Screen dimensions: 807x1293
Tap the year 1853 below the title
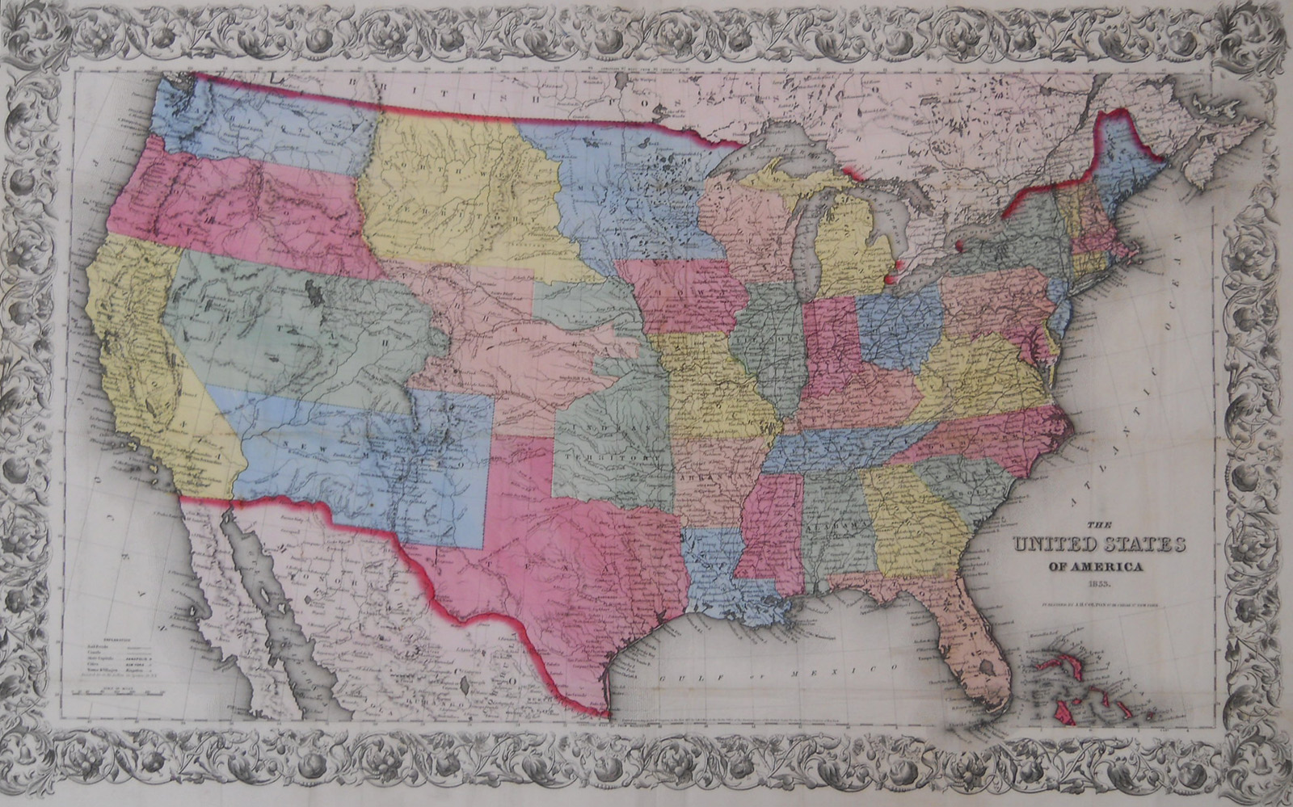click(1089, 583)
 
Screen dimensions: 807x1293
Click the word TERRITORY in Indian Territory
click(612, 456)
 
